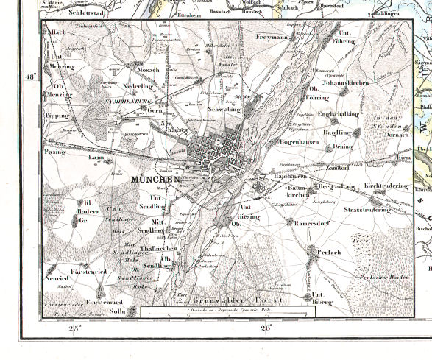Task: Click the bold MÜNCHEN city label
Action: tap(155, 180)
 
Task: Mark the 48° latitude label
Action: tap(30, 77)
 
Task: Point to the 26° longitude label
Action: tap(265, 329)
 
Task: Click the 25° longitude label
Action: tap(74, 329)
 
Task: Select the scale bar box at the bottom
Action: tap(228, 312)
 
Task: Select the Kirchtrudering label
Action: tap(386, 186)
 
